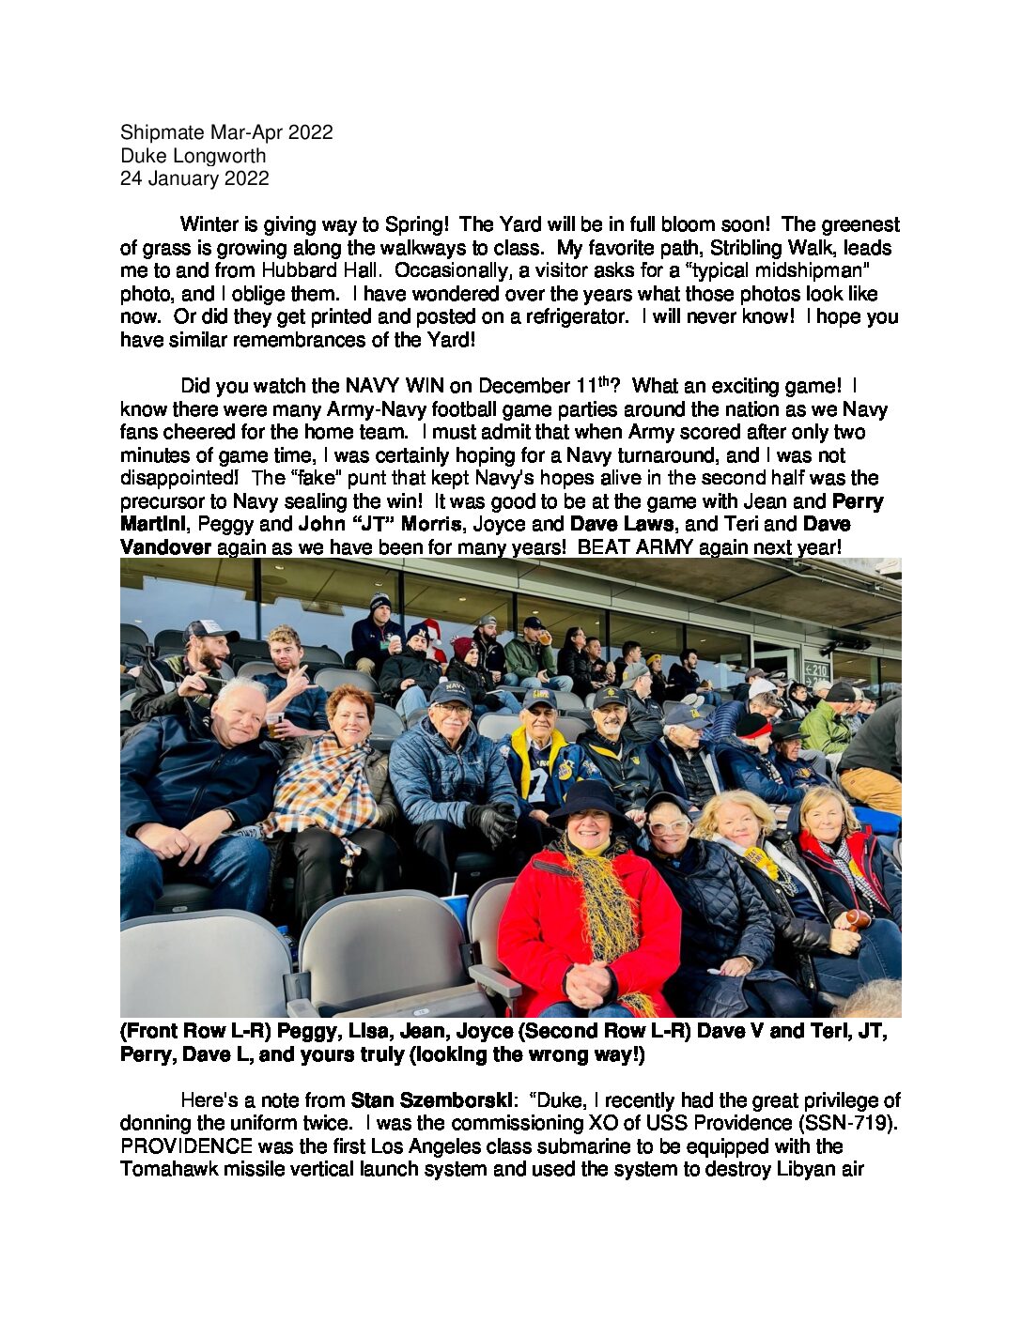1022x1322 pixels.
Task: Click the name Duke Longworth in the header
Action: tap(193, 156)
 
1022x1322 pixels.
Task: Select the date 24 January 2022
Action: tap(194, 178)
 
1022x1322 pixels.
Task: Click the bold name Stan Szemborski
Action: tap(428, 1100)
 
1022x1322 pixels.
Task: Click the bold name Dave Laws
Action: tap(622, 524)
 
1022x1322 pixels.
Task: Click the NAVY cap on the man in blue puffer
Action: tap(451, 693)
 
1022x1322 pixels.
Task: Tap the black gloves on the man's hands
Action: tap(493, 822)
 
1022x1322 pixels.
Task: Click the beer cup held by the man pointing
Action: tap(274, 724)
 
